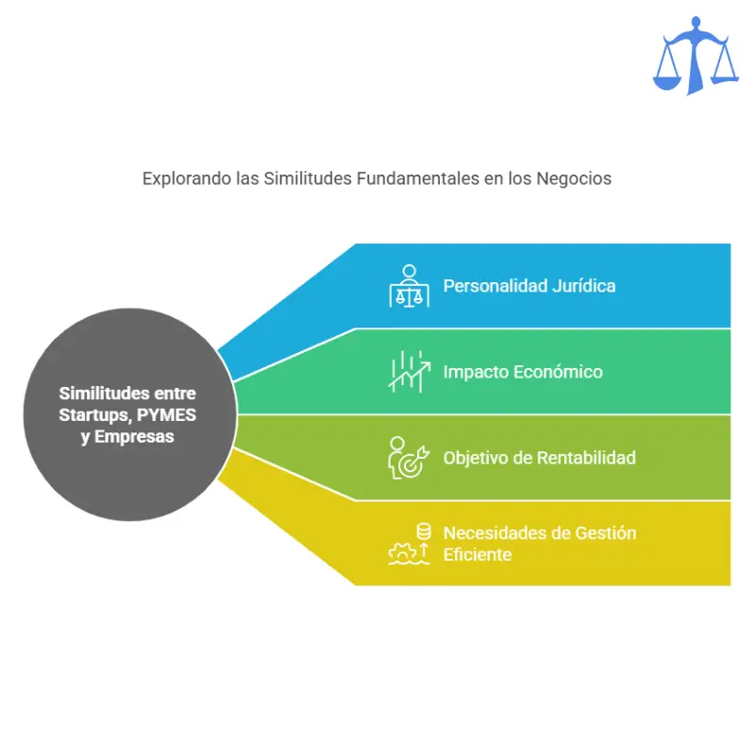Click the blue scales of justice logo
coord(696,56)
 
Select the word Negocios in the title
coord(574,178)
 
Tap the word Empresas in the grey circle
coord(134,437)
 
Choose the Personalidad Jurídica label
coord(529,286)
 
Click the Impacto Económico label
coord(523,372)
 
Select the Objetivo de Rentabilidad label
coord(539,458)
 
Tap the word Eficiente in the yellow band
coord(478,555)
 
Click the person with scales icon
coord(409,286)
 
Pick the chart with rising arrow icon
coord(410,371)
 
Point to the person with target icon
coord(409,458)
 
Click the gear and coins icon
coord(409,545)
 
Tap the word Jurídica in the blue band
coord(583,286)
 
